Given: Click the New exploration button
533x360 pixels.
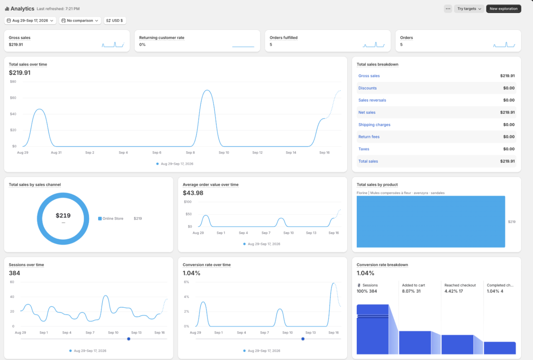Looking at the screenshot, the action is point(504,9).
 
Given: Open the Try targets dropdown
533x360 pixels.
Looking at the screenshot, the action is point(469,9).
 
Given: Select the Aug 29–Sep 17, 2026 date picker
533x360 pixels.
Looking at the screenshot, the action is point(30,21).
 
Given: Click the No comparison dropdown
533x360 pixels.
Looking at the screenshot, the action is point(80,21).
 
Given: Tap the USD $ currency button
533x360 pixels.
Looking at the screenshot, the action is point(115,21).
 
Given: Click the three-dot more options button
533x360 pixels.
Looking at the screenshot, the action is point(448,9).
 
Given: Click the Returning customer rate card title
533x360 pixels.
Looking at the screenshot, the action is point(162,38).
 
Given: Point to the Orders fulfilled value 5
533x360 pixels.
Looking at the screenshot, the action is point(271,45).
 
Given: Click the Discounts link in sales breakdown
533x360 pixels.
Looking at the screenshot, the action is point(367,88).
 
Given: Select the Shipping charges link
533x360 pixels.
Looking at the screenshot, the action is point(374,125).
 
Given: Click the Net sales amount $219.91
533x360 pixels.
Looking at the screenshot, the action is point(507,112).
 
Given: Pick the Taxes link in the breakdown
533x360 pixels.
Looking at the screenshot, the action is point(364,149).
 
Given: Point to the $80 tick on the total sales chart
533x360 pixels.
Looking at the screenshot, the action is point(13,82).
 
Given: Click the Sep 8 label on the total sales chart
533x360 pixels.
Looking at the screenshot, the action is point(190,153).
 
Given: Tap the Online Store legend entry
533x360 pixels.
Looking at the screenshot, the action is point(111,219).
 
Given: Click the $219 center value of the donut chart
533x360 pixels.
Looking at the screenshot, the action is point(63,216).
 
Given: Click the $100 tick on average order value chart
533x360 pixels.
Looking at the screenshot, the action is point(187,202).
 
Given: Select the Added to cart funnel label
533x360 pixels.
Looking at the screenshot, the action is point(413,285).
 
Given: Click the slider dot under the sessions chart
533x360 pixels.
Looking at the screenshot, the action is point(129,339).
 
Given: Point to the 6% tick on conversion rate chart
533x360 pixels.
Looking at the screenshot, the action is point(186,282).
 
